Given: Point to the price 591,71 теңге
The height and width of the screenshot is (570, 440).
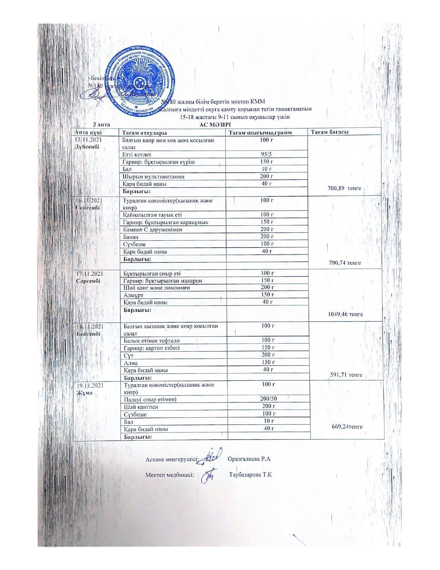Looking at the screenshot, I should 346,374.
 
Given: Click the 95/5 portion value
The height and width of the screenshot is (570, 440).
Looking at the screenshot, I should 267,154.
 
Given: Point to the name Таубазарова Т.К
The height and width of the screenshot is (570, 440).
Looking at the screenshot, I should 251,474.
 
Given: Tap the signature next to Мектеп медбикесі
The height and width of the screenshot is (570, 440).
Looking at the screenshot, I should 208,474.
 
